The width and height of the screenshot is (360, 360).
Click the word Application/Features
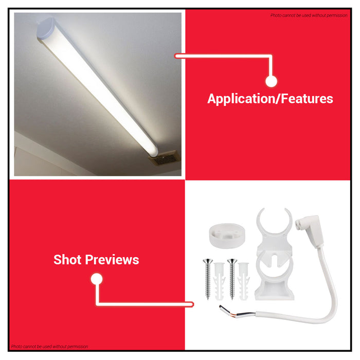click(270, 99)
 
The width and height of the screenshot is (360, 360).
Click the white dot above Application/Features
click(272, 81)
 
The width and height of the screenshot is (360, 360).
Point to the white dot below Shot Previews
click(97, 279)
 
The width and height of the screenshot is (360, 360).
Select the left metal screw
click(207, 278)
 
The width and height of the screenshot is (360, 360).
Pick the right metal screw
click(232, 278)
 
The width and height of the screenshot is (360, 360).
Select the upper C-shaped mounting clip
click(275, 226)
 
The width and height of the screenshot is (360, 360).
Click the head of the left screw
click(207, 261)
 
